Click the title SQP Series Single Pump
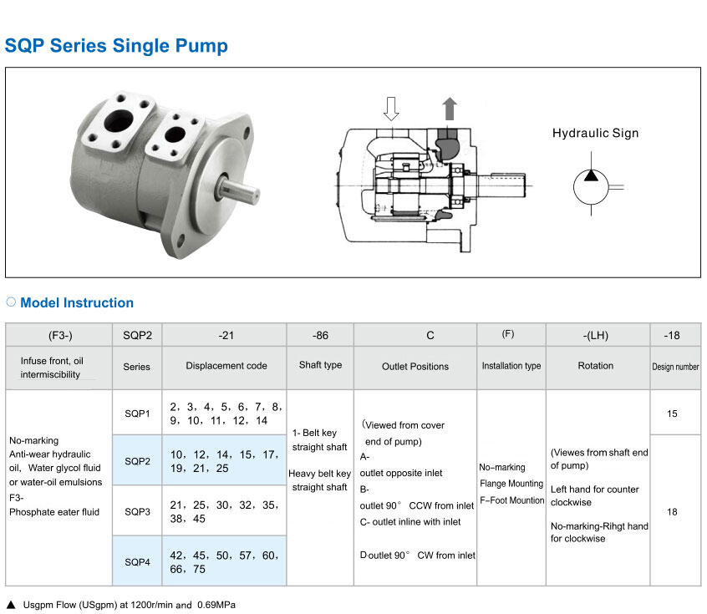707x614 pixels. click(116, 46)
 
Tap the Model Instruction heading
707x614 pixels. click(77, 302)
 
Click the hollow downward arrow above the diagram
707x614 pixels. click(391, 109)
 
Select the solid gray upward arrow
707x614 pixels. click(450, 109)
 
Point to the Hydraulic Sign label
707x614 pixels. click(595, 133)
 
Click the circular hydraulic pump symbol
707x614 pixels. click(591, 187)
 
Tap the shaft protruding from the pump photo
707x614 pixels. click(239, 190)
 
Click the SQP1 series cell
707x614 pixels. click(137, 413)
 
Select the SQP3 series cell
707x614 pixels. click(137, 511)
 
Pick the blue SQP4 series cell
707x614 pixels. click(137, 561)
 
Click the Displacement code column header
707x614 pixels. click(226, 366)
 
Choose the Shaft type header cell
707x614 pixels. click(320, 365)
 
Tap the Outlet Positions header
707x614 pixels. click(415, 367)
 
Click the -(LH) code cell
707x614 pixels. click(596, 335)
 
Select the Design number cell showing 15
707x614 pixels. click(672, 414)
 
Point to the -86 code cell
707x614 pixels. click(320, 335)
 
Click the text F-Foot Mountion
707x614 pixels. click(511, 500)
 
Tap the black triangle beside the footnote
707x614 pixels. click(11, 605)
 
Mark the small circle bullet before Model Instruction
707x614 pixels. click(11, 302)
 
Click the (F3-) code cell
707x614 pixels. click(60, 335)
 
